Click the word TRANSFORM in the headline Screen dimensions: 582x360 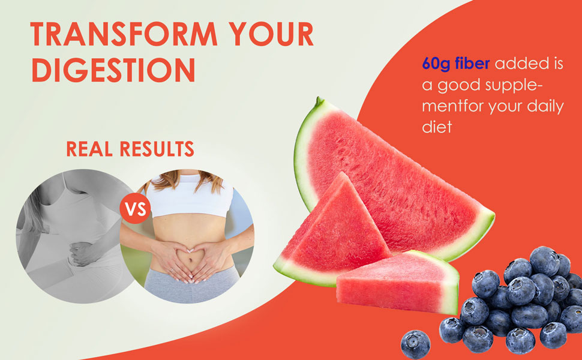pyautogui.click(x=124, y=34)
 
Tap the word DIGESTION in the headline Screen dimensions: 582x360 pyautogui.click(x=113, y=70)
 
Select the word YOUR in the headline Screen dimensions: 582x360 pyautogui.click(x=271, y=34)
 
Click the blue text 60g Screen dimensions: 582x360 pyautogui.click(x=436, y=64)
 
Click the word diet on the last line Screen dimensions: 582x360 pyautogui.click(x=437, y=127)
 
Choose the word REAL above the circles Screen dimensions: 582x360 pyautogui.click(x=89, y=149)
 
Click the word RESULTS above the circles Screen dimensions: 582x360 pyautogui.click(x=157, y=149)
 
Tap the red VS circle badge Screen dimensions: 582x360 pyautogui.click(x=135, y=209)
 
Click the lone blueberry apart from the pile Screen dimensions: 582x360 pyautogui.click(x=415, y=344)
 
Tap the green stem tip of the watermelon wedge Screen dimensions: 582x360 pyautogui.click(x=319, y=100)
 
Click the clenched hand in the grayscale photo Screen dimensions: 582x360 pyautogui.click(x=81, y=254)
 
